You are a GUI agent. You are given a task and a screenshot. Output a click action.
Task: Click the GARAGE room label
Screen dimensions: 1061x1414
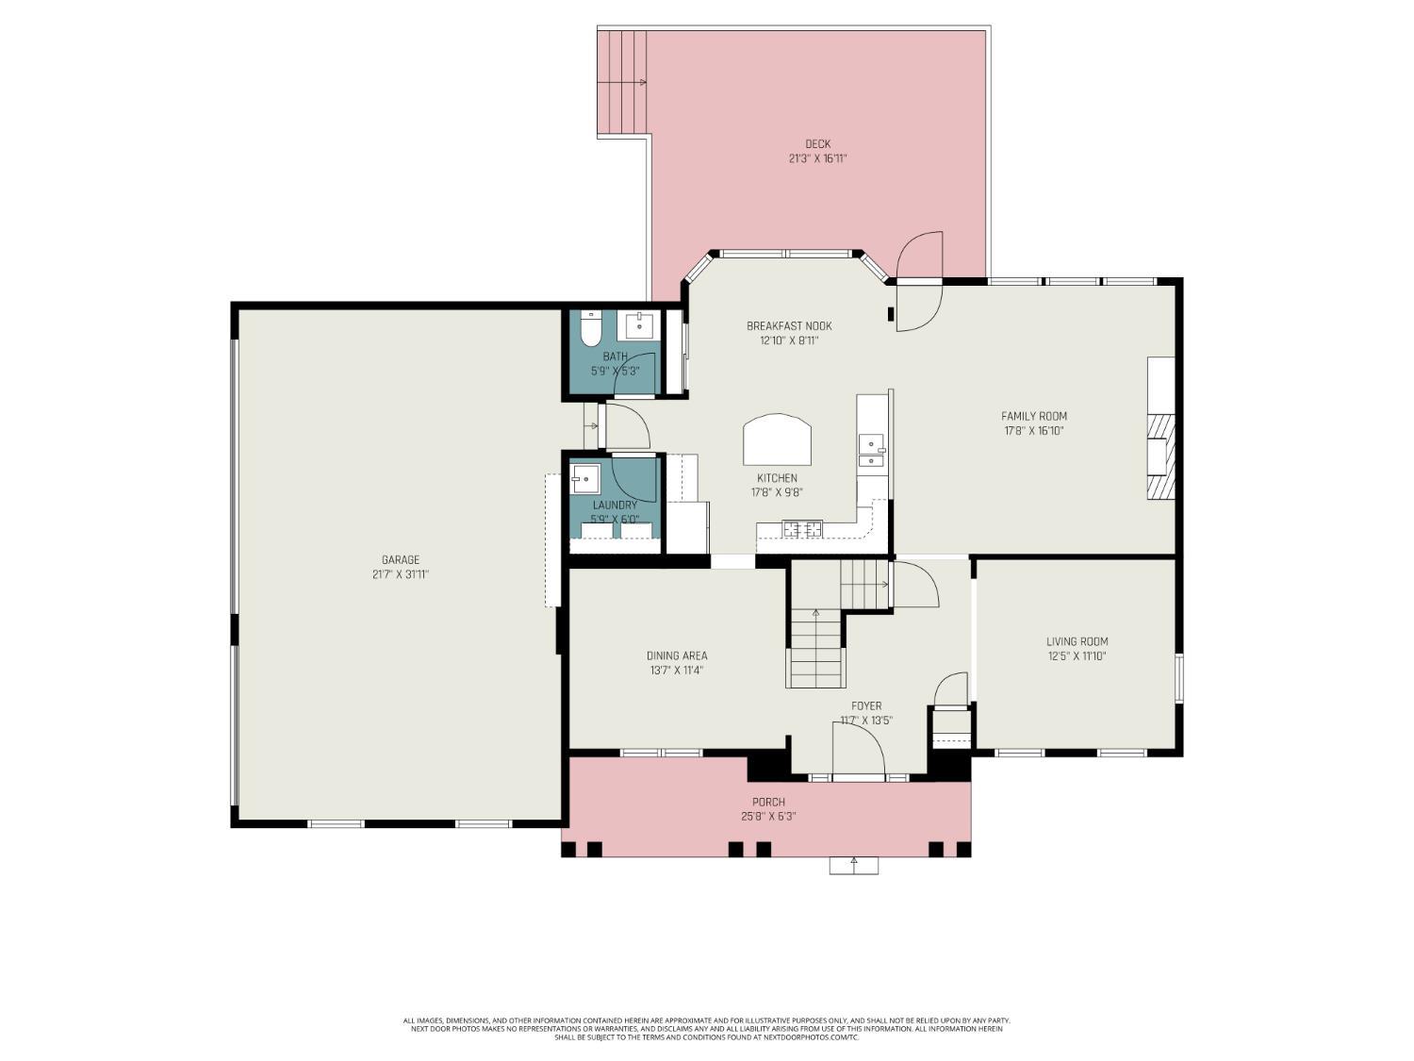pos(401,559)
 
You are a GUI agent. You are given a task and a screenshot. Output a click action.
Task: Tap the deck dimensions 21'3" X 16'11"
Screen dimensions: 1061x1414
pos(817,159)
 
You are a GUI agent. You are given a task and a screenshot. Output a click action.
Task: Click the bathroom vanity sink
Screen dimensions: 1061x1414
pos(641,325)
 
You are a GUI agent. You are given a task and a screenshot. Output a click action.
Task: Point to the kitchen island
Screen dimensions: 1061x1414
pos(777,439)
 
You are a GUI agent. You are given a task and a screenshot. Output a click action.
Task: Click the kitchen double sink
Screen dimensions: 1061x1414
pos(872,451)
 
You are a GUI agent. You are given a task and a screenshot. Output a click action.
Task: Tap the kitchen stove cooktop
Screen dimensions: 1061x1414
pos(802,529)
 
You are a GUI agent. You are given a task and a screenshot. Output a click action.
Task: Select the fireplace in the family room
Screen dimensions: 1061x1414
pos(1160,456)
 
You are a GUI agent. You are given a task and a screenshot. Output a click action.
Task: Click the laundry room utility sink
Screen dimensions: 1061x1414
pos(585,479)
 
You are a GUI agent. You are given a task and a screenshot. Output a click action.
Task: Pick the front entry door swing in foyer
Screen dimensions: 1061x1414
pos(858,750)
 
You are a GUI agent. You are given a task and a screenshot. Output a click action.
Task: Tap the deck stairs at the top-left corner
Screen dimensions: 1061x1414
pos(622,83)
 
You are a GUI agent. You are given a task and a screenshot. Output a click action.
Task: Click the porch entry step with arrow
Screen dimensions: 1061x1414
pos(854,865)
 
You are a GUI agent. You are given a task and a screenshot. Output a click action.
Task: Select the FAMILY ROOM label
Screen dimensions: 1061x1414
pos(1034,416)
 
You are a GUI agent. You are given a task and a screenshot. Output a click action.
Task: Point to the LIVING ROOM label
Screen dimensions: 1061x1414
pos(1077,641)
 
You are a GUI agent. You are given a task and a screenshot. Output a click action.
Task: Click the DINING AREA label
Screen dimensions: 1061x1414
pos(676,655)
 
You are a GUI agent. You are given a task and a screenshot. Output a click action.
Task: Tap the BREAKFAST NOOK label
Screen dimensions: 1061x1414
pos(789,326)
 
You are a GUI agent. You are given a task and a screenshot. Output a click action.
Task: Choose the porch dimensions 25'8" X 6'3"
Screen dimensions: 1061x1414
pos(768,817)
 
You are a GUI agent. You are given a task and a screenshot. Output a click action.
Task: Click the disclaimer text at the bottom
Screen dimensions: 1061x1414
pos(707,1028)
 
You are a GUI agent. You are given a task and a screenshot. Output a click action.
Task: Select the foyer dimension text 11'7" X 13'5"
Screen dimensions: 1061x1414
pos(866,721)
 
